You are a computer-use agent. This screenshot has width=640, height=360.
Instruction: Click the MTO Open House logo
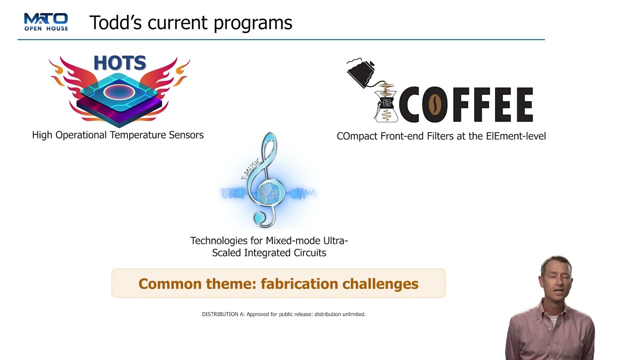tap(46, 21)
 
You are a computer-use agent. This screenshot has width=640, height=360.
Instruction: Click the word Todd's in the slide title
tap(115, 22)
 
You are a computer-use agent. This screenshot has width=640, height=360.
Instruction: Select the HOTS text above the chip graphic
tap(120, 63)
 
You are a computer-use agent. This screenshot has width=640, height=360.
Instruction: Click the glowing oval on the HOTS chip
tap(119, 92)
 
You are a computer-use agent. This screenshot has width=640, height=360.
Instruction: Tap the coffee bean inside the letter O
tap(434, 105)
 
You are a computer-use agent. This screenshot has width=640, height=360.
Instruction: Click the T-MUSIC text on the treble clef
tap(251, 169)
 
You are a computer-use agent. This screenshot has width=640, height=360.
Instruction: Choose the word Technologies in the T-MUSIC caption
tap(219, 241)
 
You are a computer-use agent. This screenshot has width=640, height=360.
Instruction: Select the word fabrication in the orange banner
tap(299, 283)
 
